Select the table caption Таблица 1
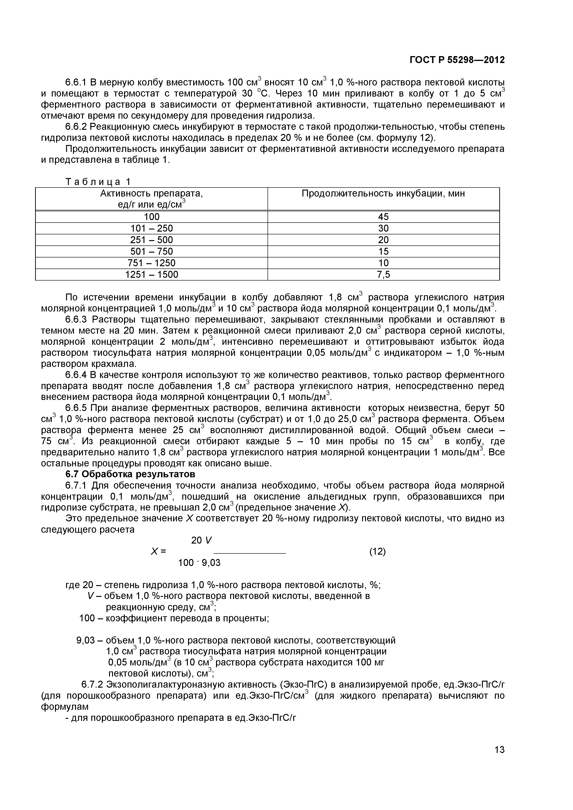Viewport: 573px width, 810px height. click(98, 182)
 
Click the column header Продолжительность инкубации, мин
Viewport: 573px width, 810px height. click(383, 194)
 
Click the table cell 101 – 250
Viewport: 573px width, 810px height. click(152, 228)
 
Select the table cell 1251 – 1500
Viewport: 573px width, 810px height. click(152, 275)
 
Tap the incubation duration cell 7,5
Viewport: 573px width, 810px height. click(383, 275)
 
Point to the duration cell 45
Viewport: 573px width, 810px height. click(383, 217)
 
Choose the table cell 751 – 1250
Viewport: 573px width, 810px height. click(152, 263)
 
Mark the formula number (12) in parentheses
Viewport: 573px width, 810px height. click(377, 551)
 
